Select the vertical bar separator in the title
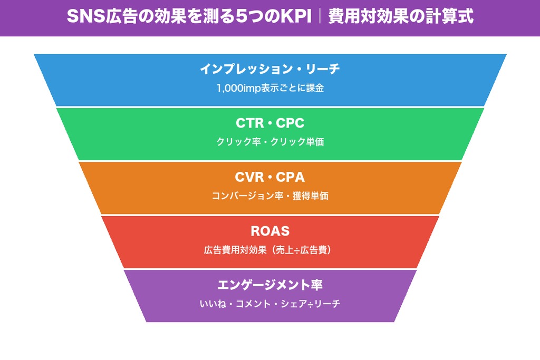pos(320,17)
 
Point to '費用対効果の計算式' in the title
pos(400,17)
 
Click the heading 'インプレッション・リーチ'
pos(270,69)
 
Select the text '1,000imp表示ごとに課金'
pos(270,88)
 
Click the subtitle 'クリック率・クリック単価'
pos(270,142)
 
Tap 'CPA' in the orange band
pos(291,177)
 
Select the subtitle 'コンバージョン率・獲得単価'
pos(270,196)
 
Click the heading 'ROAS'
pos(270,231)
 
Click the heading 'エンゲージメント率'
pos(270,285)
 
